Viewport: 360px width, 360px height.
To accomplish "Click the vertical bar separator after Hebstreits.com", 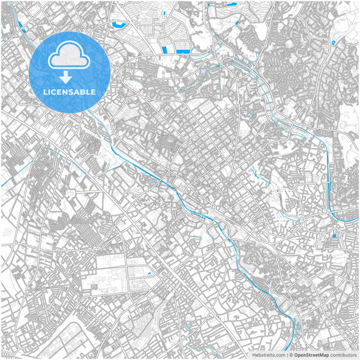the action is [286, 354].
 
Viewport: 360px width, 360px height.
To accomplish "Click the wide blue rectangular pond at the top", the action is [182, 49].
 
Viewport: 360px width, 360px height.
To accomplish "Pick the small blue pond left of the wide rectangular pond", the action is [164, 49].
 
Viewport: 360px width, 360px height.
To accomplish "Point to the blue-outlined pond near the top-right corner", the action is [333, 42].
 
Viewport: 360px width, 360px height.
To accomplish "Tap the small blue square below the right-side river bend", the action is [333, 236].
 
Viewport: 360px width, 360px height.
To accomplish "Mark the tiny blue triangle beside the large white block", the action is [149, 274].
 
